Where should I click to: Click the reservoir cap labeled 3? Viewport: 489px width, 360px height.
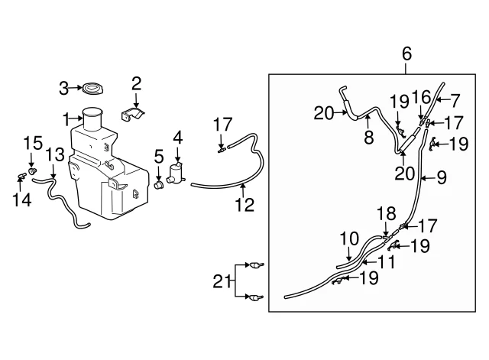(x=92, y=89)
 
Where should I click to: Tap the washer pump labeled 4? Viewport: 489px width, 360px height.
(x=176, y=174)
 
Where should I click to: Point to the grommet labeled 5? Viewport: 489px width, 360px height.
(x=159, y=184)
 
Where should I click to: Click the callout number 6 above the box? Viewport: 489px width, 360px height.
(x=406, y=54)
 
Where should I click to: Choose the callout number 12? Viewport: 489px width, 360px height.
(x=244, y=205)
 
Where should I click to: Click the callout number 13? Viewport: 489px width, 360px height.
(x=55, y=154)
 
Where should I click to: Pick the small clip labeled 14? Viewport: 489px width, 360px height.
(x=21, y=177)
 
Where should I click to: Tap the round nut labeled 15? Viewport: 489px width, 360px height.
(x=32, y=170)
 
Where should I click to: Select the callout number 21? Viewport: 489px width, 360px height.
(x=222, y=281)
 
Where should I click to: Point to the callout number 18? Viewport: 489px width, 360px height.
(x=387, y=214)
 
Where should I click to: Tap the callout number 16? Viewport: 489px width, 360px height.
(x=422, y=97)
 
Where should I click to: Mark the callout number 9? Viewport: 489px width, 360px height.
(x=442, y=177)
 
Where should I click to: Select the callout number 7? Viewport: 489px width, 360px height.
(x=455, y=100)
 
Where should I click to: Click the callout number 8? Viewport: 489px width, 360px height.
(x=369, y=137)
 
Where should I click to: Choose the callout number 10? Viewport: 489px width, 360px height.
(x=349, y=238)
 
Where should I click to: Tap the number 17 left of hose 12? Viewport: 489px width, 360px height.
(x=222, y=125)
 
